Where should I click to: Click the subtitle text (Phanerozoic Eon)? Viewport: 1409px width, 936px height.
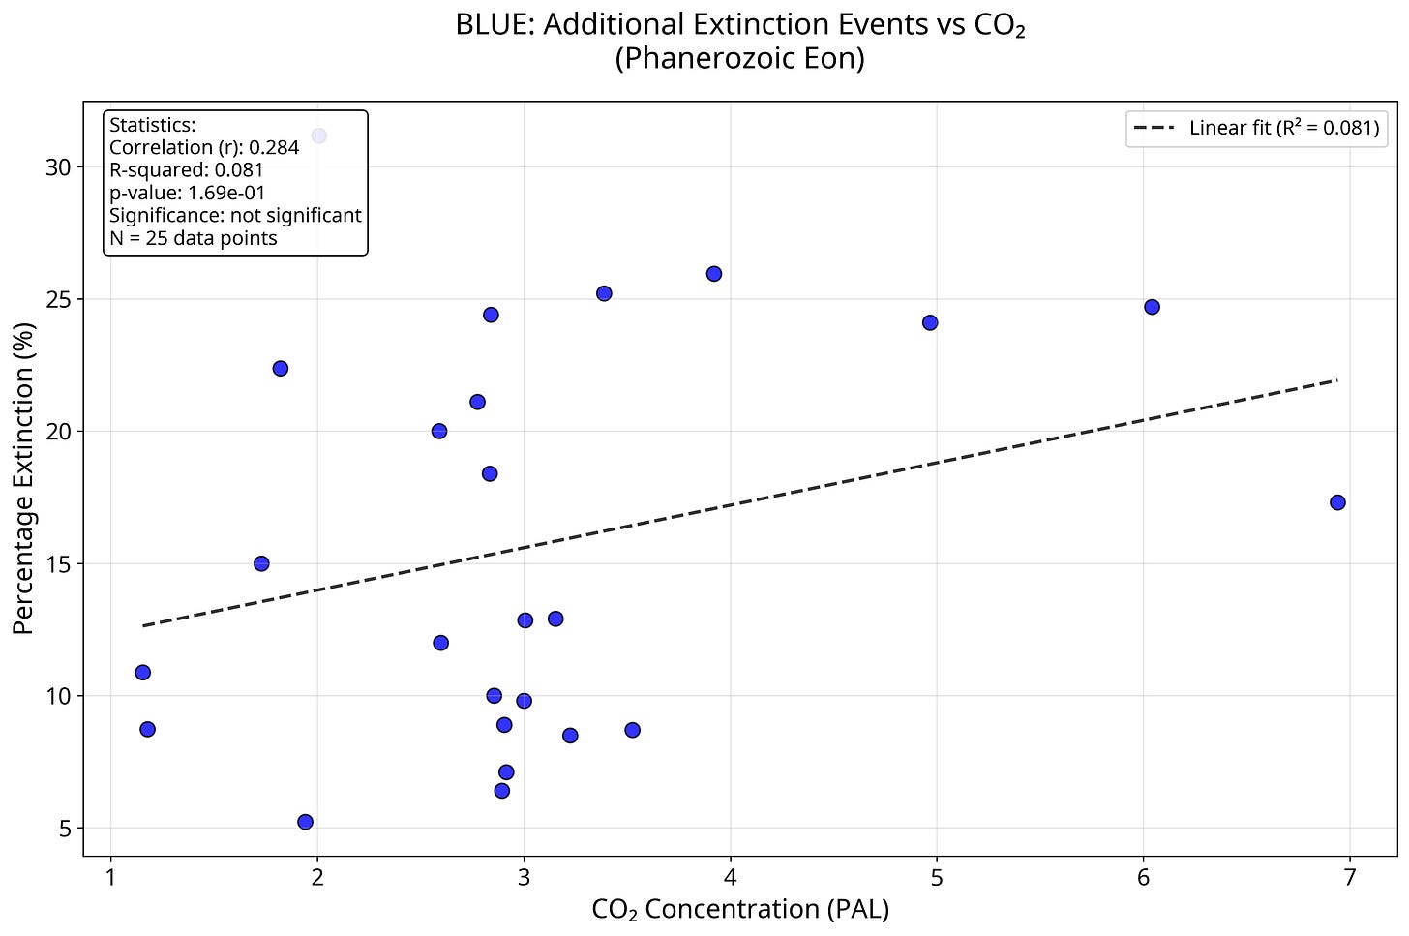pos(739,59)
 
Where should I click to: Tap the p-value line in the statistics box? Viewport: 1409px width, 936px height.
pos(188,193)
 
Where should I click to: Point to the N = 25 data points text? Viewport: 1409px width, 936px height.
pos(194,238)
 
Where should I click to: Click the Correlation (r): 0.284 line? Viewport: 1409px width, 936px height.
pos(204,147)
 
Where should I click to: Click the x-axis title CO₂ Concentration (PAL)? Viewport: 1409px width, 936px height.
pos(739,909)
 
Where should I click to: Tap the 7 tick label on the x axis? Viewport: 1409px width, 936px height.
pos(1350,877)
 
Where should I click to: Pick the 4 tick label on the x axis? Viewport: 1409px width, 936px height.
pos(730,877)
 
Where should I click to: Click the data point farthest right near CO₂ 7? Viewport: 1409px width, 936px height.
pos(1337,502)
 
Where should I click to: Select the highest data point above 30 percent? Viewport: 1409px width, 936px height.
pos(318,136)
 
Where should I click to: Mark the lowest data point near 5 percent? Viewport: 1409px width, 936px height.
pos(305,822)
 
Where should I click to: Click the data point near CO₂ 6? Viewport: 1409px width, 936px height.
pos(1152,307)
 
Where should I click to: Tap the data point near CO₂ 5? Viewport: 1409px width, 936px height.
pos(930,322)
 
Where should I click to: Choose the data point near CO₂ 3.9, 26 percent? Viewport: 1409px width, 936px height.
pos(714,274)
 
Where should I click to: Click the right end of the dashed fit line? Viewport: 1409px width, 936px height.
pos(1336,380)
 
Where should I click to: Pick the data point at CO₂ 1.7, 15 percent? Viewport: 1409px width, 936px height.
pos(261,563)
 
